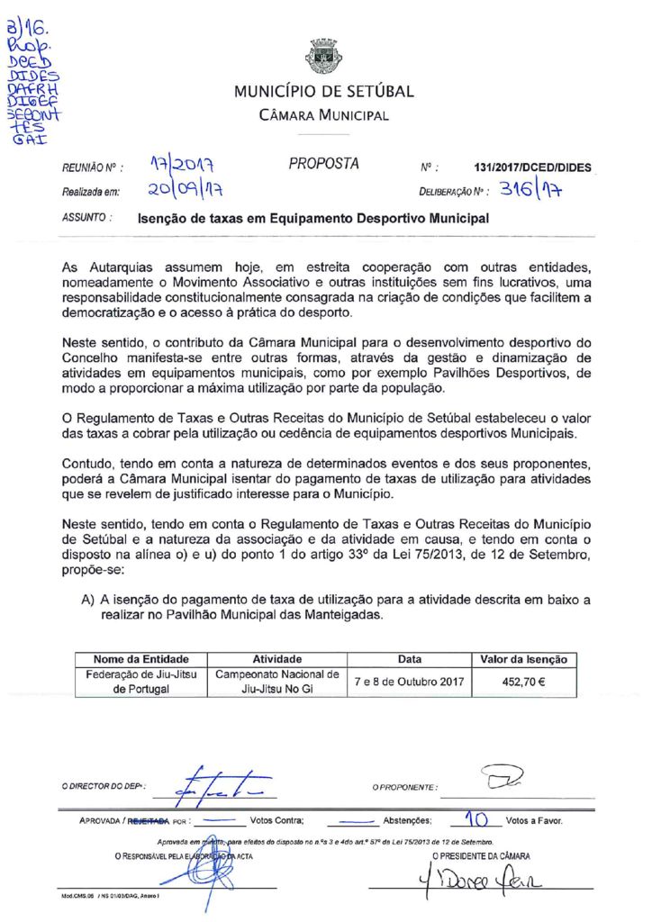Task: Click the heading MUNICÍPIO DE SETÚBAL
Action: [x=324, y=92]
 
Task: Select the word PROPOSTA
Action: [x=324, y=164]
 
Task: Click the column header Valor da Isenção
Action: [x=523, y=660]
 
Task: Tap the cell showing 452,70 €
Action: [x=523, y=682]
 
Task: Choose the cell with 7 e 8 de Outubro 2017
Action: [x=409, y=682]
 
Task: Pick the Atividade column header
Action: [x=276, y=660]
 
